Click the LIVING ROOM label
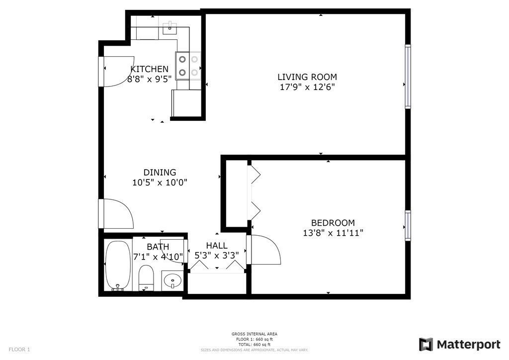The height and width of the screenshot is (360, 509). pos(307,77)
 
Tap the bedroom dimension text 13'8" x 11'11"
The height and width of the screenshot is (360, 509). pos(330,233)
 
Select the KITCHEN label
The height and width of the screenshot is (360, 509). pos(149,69)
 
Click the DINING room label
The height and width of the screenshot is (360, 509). pos(160,173)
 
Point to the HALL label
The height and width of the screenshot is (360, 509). pos(217,246)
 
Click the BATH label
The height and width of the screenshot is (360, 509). pos(158,247)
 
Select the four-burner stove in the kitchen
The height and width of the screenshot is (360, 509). pos(188,66)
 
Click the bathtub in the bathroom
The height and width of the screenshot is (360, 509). pos(118,266)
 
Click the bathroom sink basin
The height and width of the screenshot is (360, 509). pos(172,281)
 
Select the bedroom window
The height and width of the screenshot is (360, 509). pos(408,226)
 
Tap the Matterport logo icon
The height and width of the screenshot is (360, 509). pos(425,345)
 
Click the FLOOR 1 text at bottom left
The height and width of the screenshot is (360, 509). pos(19,350)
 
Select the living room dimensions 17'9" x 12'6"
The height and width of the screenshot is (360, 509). pos(307,87)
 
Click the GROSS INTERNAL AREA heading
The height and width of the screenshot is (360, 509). pos(254,334)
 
